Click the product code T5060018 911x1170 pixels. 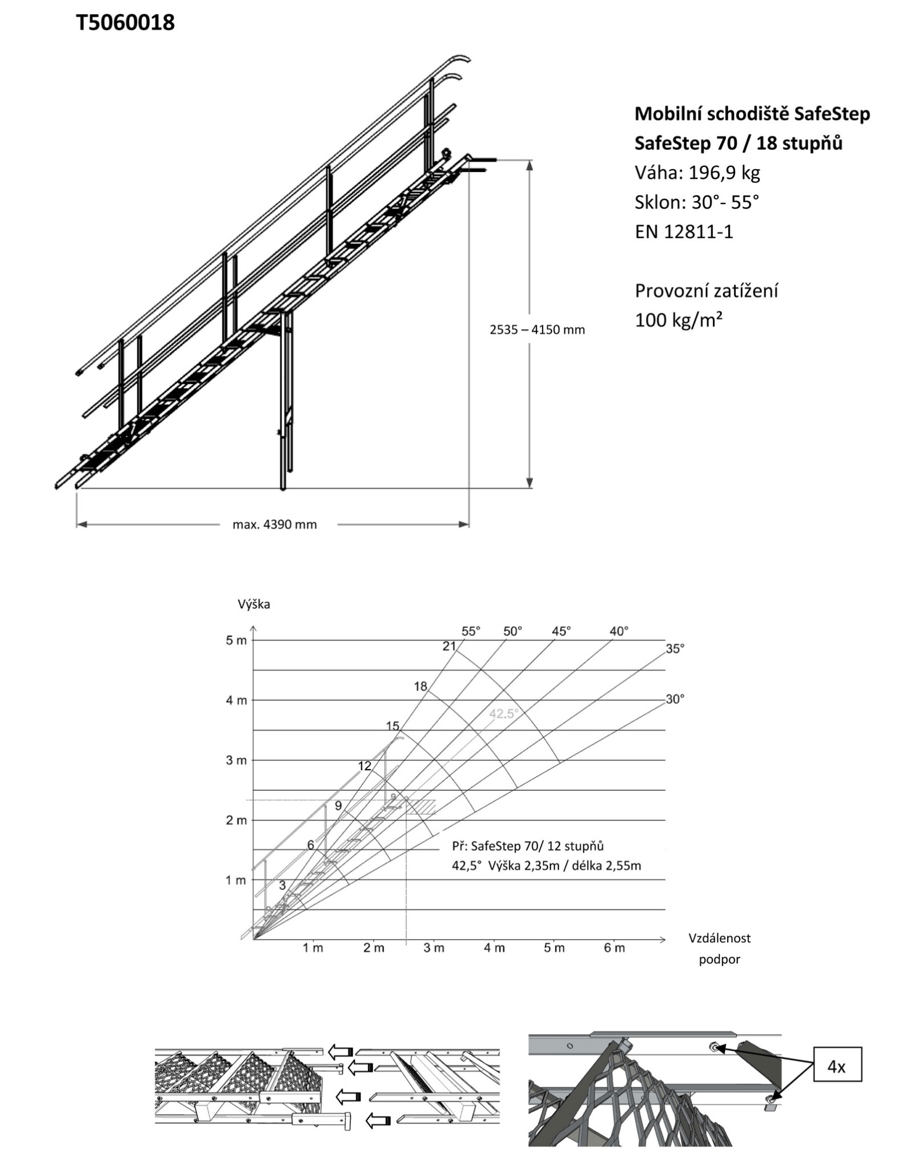pyautogui.click(x=126, y=23)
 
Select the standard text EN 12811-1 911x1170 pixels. pyautogui.click(x=684, y=231)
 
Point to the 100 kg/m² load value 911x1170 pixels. pyautogui.click(x=679, y=320)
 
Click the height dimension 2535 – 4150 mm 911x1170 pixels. pyautogui.click(x=537, y=330)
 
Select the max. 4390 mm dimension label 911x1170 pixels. pyautogui.click(x=274, y=524)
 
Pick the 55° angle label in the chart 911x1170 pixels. pyautogui.click(x=471, y=631)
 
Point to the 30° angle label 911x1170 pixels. pyautogui.click(x=675, y=699)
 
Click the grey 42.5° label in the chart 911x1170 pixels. pyautogui.click(x=503, y=714)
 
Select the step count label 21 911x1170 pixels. pyautogui.click(x=449, y=646)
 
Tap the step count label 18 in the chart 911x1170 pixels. pyautogui.click(x=420, y=687)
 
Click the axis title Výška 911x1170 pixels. pyautogui.click(x=254, y=604)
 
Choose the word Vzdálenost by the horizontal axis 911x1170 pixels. pyautogui.click(x=720, y=938)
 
